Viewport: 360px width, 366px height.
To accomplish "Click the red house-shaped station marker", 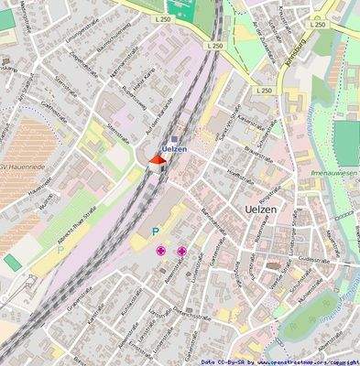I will pyautogui.click(x=157, y=163).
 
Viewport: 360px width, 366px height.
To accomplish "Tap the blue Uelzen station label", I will pyautogui.click(x=174, y=149).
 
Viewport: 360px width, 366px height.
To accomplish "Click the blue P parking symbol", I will pyautogui.click(x=155, y=231).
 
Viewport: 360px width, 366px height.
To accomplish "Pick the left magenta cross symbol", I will pyautogui.click(x=161, y=250).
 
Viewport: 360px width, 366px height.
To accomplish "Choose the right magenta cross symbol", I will pyautogui.click(x=181, y=251).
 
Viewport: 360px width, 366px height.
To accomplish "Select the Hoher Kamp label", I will pyautogui.click(x=142, y=91).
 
